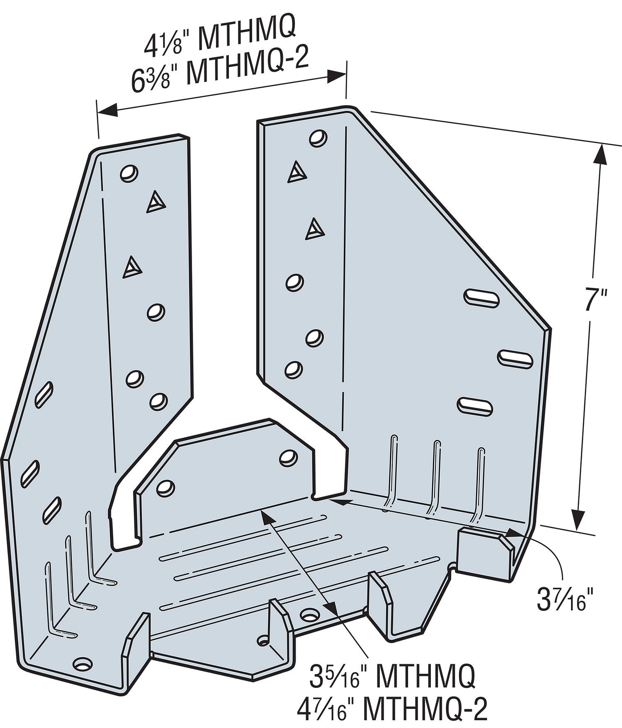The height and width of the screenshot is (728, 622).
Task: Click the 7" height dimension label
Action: [596, 299]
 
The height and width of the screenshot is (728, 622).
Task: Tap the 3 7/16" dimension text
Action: [562, 601]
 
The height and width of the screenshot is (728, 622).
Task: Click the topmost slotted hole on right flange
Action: [481, 297]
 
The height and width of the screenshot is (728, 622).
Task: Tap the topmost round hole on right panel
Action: [318, 137]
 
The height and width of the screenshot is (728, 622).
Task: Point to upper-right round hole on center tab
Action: [289, 456]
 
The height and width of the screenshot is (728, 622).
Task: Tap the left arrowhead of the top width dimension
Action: [106, 110]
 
